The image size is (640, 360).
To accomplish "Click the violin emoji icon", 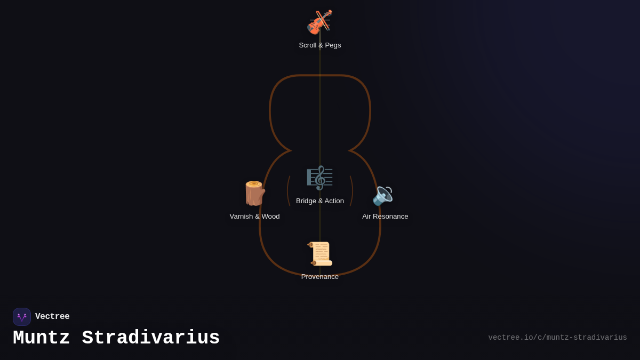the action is [319, 22].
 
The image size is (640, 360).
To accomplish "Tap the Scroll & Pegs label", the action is [319, 45].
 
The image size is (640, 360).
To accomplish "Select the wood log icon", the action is [254, 194].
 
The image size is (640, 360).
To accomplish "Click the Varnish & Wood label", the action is [254, 217].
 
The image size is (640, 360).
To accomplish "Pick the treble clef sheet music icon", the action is [319, 178].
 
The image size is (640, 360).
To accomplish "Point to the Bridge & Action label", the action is [319, 201].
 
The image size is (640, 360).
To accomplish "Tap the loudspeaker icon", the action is [382, 196].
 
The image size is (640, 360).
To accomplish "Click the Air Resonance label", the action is [385, 217].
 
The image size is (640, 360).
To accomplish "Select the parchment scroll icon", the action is [319, 254].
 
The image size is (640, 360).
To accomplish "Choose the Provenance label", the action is [319, 277].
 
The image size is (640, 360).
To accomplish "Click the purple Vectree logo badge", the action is [22, 317].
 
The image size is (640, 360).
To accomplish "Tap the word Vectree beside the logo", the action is [52, 316].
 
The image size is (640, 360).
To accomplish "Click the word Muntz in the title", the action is [41, 338].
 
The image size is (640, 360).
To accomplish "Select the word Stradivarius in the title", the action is [151, 338].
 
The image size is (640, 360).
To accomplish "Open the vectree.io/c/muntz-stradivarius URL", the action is [557, 338].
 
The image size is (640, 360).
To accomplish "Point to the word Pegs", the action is [333, 45].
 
